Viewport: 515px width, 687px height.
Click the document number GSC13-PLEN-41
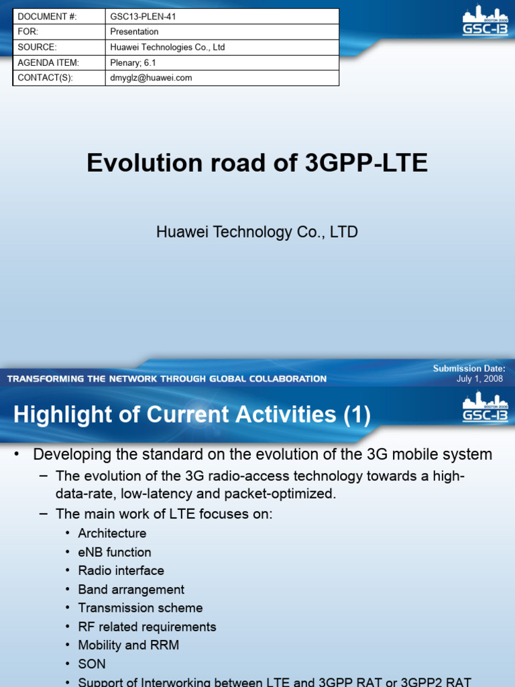(x=143, y=16)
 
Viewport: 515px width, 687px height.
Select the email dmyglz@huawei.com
(x=151, y=78)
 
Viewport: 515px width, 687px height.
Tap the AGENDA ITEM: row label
(x=49, y=62)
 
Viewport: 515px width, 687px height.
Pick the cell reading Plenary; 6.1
(x=133, y=62)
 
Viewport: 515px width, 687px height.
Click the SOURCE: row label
(x=38, y=47)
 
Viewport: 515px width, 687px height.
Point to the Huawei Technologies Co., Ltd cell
(x=167, y=47)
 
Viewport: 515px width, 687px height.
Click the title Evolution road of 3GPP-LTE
(x=257, y=163)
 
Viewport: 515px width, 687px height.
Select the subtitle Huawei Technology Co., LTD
(x=257, y=232)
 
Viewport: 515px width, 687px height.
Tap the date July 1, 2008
(x=479, y=379)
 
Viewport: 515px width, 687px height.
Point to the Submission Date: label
(x=469, y=368)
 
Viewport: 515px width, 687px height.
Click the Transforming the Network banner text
(x=167, y=379)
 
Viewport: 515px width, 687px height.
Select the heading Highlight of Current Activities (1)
(x=192, y=415)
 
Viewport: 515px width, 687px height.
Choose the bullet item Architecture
(x=112, y=533)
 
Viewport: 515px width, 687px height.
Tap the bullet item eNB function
(x=115, y=552)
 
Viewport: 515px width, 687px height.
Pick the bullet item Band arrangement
(x=131, y=590)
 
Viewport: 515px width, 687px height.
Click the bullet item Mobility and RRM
(x=128, y=645)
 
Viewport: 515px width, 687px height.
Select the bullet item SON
(x=92, y=664)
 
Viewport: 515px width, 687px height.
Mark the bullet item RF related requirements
(x=147, y=627)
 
